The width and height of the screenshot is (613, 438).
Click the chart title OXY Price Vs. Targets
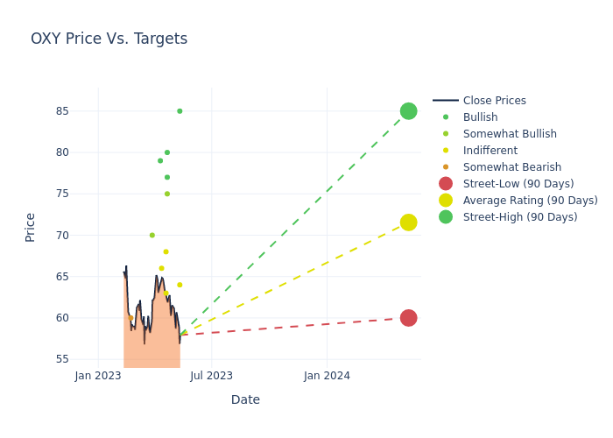click(x=109, y=39)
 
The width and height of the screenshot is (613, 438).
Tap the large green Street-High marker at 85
click(x=408, y=111)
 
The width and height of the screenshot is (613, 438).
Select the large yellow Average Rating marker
click(x=408, y=223)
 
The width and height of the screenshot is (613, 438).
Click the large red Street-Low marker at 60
click(x=408, y=318)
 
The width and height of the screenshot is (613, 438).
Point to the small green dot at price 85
click(x=180, y=111)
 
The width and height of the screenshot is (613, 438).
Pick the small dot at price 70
click(x=151, y=236)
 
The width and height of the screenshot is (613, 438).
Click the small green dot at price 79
click(x=160, y=161)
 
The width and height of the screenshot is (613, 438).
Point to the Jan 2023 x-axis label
click(x=98, y=376)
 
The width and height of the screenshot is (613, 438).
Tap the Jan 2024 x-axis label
click(x=327, y=376)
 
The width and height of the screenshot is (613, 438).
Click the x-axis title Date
click(x=245, y=399)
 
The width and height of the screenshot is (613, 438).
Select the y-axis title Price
click(x=31, y=227)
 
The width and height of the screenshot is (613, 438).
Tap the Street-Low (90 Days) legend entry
click(x=518, y=184)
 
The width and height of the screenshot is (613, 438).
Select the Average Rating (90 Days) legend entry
click(x=530, y=201)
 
